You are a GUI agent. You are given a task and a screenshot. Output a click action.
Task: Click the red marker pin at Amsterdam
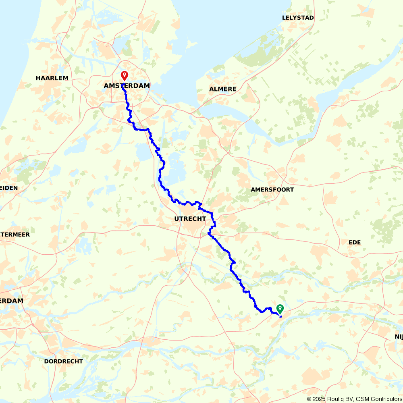click(125, 75)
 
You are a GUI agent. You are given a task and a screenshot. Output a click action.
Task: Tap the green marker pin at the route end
click(280, 308)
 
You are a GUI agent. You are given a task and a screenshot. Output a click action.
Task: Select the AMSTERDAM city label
click(127, 86)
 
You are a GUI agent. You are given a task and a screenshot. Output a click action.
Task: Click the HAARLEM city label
click(52, 78)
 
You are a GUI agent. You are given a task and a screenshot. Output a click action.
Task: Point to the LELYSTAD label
click(298, 18)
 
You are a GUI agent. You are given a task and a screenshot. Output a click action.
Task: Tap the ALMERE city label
click(222, 89)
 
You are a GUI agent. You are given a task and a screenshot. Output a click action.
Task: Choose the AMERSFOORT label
click(272, 189)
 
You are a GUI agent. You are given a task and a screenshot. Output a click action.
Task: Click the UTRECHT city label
click(190, 219)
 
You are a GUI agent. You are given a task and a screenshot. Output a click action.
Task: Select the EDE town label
click(355, 242)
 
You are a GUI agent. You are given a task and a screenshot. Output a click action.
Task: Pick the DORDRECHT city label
click(63, 361)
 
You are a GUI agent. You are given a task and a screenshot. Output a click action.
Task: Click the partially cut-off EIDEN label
click(9, 188)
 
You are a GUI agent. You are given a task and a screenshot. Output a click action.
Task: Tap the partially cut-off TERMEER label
click(15, 234)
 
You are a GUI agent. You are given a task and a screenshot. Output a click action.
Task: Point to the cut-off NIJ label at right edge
click(398, 337)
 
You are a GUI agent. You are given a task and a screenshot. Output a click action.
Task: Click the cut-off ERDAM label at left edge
click(12, 301)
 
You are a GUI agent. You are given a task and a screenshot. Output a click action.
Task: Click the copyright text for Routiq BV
click(332, 399)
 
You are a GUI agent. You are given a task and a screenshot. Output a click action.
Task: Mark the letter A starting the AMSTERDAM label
click(106, 86)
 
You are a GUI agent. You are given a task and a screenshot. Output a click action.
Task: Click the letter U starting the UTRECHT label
click(177, 219)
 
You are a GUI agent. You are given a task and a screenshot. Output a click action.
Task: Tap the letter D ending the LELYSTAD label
click(312, 18)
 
